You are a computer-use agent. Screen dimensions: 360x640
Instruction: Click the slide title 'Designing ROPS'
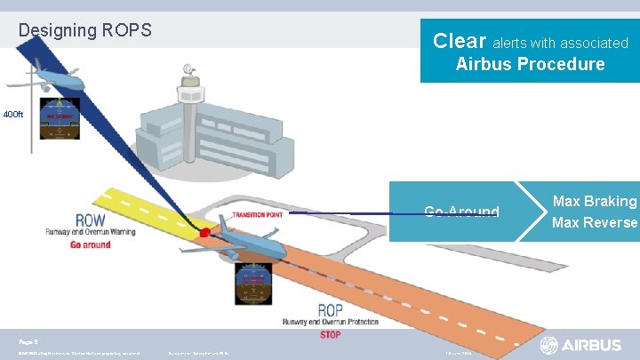click(x=85, y=30)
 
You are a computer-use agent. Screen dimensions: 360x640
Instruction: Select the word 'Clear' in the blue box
click(x=459, y=41)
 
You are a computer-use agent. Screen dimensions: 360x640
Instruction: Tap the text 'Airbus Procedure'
click(x=530, y=64)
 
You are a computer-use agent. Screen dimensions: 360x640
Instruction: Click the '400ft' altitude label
click(x=14, y=115)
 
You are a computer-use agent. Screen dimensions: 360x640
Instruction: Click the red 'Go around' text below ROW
click(x=90, y=244)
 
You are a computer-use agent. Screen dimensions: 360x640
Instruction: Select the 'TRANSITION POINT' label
click(x=259, y=214)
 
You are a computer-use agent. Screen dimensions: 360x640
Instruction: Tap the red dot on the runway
click(x=205, y=233)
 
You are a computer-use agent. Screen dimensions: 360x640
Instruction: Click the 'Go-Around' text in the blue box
click(x=461, y=212)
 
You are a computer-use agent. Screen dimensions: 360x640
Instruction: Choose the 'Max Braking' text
click(x=595, y=202)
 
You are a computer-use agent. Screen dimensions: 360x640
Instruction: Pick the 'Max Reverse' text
click(x=595, y=222)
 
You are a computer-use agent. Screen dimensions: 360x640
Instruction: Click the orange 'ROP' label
click(x=331, y=310)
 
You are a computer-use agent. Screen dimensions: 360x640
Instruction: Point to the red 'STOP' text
click(x=330, y=335)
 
